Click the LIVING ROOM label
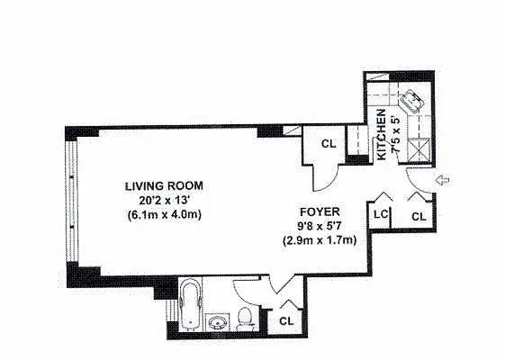coord(164,186)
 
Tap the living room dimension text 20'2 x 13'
coord(164,201)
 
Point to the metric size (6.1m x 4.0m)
coord(164,215)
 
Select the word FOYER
coord(320,211)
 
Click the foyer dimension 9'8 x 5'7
coord(320,226)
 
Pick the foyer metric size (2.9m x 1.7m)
coord(320,240)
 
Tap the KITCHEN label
coord(382,134)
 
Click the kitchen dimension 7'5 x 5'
coord(395,134)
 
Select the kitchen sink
coord(411,100)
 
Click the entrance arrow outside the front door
coord(442,180)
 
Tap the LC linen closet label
coord(381,214)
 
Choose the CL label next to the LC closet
coord(419,217)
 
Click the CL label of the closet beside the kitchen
coord(329,144)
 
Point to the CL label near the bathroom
coord(286,320)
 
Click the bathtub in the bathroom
coord(191,304)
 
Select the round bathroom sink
coord(217,322)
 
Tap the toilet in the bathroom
coord(245,318)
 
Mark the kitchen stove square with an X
coord(419,150)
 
